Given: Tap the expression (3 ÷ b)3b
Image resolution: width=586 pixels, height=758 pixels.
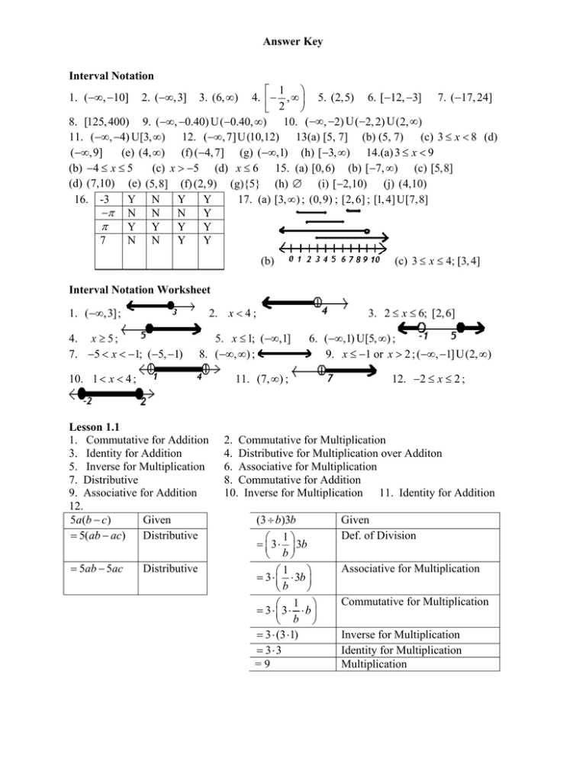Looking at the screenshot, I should [280, 522].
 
